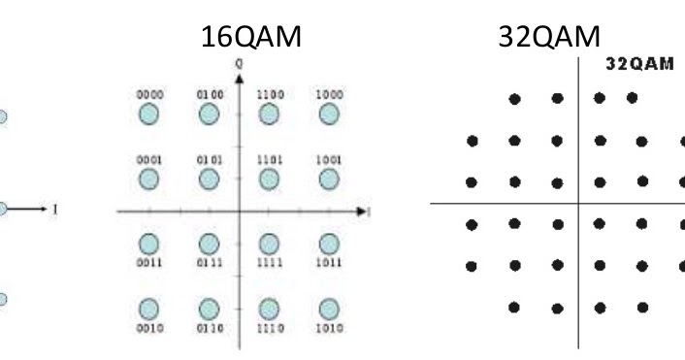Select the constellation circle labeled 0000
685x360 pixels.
pyautogui.click(x=148, y=115)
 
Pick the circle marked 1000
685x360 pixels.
pyautogui.click(x=329, y=115)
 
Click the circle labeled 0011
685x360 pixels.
pyautogui.click(x=148, y=242)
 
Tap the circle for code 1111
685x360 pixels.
pyautogui.click(x=270, y=242)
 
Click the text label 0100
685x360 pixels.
pyautogui.click(x=209, y=95)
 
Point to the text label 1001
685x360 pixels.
pyautogui.click(x=329, y=159)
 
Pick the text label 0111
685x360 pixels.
pyautogui.click(x=209, y=260)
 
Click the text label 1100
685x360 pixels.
pyautogui.click(x=270, y=95)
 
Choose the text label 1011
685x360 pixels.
pyautogui.click(x=329, y=260)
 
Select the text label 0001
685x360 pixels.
pyautogui.click(x=148, y=159)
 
